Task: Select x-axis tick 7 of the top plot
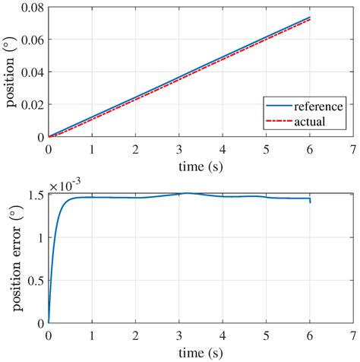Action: pos(352,150)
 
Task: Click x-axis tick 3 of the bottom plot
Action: pos(179,335)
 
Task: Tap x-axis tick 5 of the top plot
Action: pos(266,150)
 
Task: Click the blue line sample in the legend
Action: pos(278,106)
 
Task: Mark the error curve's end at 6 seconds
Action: pos(309,202)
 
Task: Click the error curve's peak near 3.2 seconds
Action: pos(188,193)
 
